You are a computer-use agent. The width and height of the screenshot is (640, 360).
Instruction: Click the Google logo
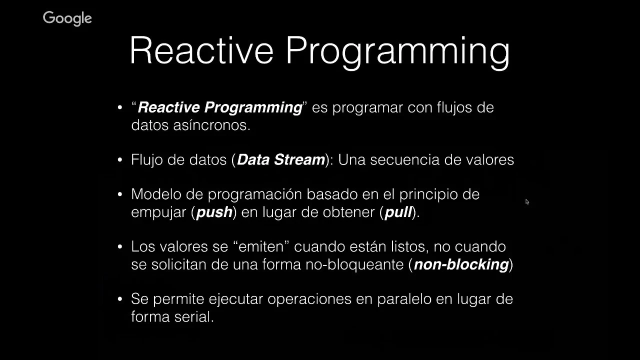(x=67, y=18)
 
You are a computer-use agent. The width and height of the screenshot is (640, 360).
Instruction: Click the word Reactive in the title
(x=201, y=50)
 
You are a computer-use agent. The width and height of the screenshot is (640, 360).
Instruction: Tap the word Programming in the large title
(x=397, y=53)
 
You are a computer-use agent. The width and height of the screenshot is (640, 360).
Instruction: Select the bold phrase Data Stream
(x=281, y=159)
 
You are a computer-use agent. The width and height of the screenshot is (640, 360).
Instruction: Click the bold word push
(x=214, y=212)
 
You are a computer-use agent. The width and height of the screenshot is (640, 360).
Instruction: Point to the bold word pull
(x=398, y=212)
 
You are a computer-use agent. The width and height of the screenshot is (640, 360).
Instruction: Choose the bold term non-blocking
(x=461, y=264)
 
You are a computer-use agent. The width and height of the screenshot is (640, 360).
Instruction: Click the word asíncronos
(x=211, y=125)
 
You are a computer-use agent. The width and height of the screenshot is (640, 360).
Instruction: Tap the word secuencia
(x=404, y=159)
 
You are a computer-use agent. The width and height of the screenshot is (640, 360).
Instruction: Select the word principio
(x=432, y=195)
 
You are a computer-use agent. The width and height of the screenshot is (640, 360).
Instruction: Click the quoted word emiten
(x=261, y=246)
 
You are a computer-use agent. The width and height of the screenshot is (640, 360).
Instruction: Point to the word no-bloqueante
(x=354, y=264)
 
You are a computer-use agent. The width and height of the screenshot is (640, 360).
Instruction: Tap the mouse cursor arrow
(x=527, y=201)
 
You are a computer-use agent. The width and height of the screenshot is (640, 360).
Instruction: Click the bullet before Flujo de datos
(x=120, y=159)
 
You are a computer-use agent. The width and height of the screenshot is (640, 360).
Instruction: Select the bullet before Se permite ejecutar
(x=120, y=299)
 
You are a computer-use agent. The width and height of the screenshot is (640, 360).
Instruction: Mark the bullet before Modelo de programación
(x=120, y=194)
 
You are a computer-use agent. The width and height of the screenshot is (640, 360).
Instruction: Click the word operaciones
(x=309, y=299)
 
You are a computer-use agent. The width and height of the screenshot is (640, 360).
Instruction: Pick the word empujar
(x=158, y=212)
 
